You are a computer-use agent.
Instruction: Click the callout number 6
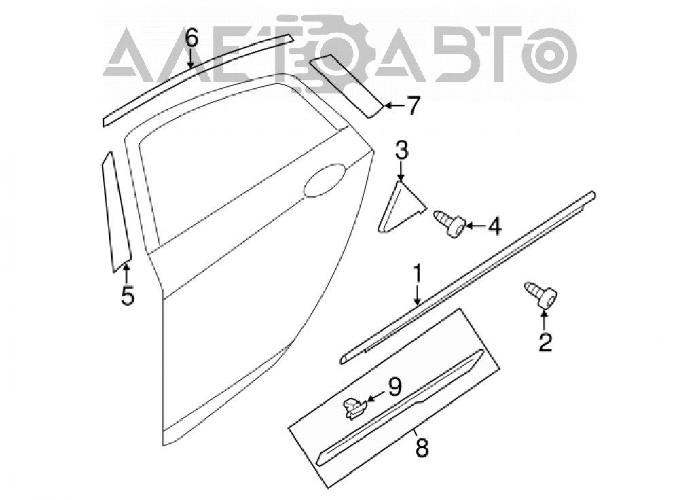tap(191, 37)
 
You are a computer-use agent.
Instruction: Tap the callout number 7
tap(414, 106)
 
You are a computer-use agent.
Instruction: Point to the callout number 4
tap(494, 226)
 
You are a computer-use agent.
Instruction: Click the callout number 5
tap(128, 296)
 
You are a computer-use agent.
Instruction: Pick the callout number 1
tap(418, 274)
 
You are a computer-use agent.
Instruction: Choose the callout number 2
tap(545, 342)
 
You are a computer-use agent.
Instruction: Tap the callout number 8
tap(422, 447)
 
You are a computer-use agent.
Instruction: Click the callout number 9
tap(394, 387)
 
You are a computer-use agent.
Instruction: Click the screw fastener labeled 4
tap(449, 222)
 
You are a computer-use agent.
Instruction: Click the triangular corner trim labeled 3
tap(400, 208)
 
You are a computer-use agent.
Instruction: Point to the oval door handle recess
tap(325, 180)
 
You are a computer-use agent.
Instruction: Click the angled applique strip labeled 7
tap(346, 86)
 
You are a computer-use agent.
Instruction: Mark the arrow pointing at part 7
tap(394, 105)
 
